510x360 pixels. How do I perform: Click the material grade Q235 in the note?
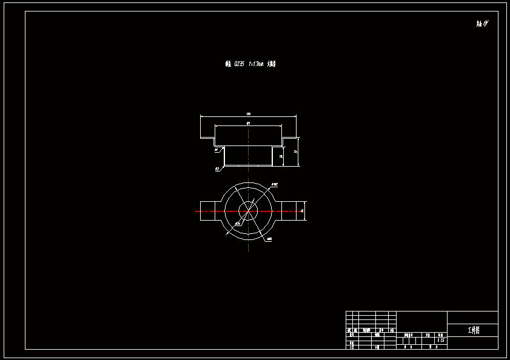(x=239, y=64)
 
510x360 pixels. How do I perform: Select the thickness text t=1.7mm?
(x=256, y=64)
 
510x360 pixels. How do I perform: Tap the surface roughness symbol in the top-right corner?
(x=482, y=24)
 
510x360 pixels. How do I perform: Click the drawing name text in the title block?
(x=473, y=330)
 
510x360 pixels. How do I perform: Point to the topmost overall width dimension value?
(x=249, y=114)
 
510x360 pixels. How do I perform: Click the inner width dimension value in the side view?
(x=249, y=123)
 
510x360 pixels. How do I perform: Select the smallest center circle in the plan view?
(x=247, y=211)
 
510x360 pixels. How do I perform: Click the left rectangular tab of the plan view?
(x=210, y=211)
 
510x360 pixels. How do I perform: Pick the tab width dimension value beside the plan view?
(x=302, y=211)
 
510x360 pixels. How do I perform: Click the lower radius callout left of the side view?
(x=216, y=169)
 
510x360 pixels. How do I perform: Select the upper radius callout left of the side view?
(x=216, y=149)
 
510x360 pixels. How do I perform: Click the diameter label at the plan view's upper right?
(x=275, y=184)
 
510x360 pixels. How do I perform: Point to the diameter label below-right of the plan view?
(x=269, y=239)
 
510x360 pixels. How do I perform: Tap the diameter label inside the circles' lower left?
(x=237, y=224)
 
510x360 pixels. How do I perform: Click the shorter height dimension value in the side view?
(x=281, y=156)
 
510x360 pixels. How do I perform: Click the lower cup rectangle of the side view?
(x=248, y=156)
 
